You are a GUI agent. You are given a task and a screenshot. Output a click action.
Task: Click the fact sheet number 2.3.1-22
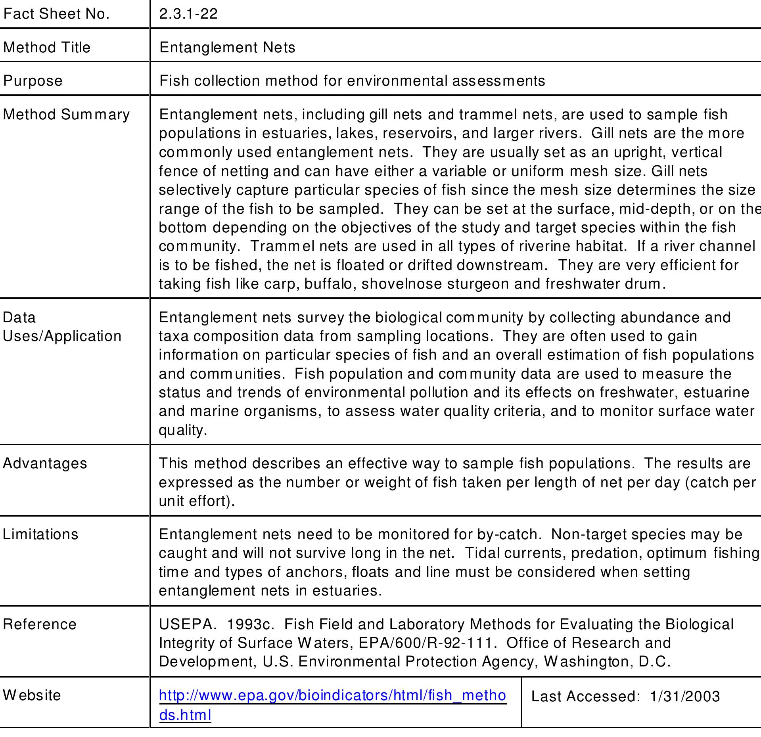click(x=188, y=14)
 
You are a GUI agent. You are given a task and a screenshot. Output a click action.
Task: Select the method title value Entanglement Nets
click(x=227, y=48)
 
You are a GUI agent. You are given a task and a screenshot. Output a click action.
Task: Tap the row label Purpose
click(x=33, y=81)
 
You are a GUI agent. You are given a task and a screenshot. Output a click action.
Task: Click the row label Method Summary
click(x=66, y=115)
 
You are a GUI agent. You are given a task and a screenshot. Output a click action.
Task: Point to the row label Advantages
click(x=45, y=463)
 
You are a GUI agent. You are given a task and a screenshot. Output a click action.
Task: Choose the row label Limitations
click(x=40, y=534)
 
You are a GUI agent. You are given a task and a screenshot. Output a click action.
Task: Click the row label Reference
click(x=40, y=624)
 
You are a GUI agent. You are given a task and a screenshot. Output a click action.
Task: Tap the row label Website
click(x=32, y=695)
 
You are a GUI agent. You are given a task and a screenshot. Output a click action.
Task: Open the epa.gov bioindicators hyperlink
click(x=332, y=696)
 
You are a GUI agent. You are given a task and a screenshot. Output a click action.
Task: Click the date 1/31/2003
click(x=685, y=697)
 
